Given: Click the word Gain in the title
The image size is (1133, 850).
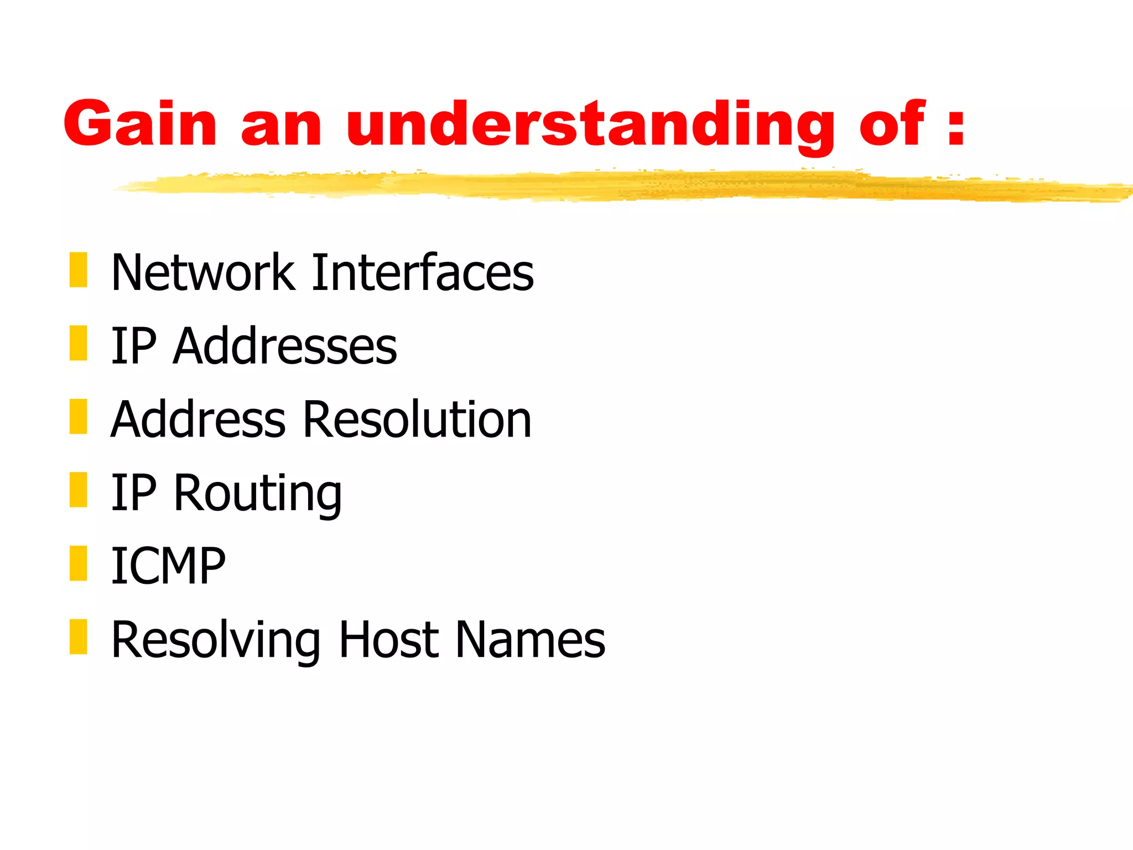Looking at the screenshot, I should (139, 124).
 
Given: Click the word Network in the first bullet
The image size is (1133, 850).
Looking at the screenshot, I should (202, 272).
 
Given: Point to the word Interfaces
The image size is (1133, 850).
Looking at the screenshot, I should (423, 272).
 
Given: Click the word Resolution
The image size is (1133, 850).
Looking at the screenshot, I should (417, 419).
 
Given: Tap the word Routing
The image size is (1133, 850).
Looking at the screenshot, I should (258, 494).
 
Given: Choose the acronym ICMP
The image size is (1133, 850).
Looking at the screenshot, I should (168, 566).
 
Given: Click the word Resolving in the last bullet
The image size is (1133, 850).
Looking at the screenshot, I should (216, 640).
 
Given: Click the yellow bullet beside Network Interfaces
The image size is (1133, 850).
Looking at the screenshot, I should (79, 270).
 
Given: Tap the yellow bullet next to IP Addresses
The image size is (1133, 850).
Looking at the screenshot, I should (79, 343).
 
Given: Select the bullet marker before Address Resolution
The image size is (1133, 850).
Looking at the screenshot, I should (79, 416).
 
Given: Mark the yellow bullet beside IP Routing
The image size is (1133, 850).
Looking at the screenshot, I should (79, 490).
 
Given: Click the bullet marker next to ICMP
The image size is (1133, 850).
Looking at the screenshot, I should (79, 563).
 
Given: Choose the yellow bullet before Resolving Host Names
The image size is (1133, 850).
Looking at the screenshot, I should (79, 637).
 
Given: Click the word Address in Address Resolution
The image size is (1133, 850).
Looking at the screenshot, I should (198, 419).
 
